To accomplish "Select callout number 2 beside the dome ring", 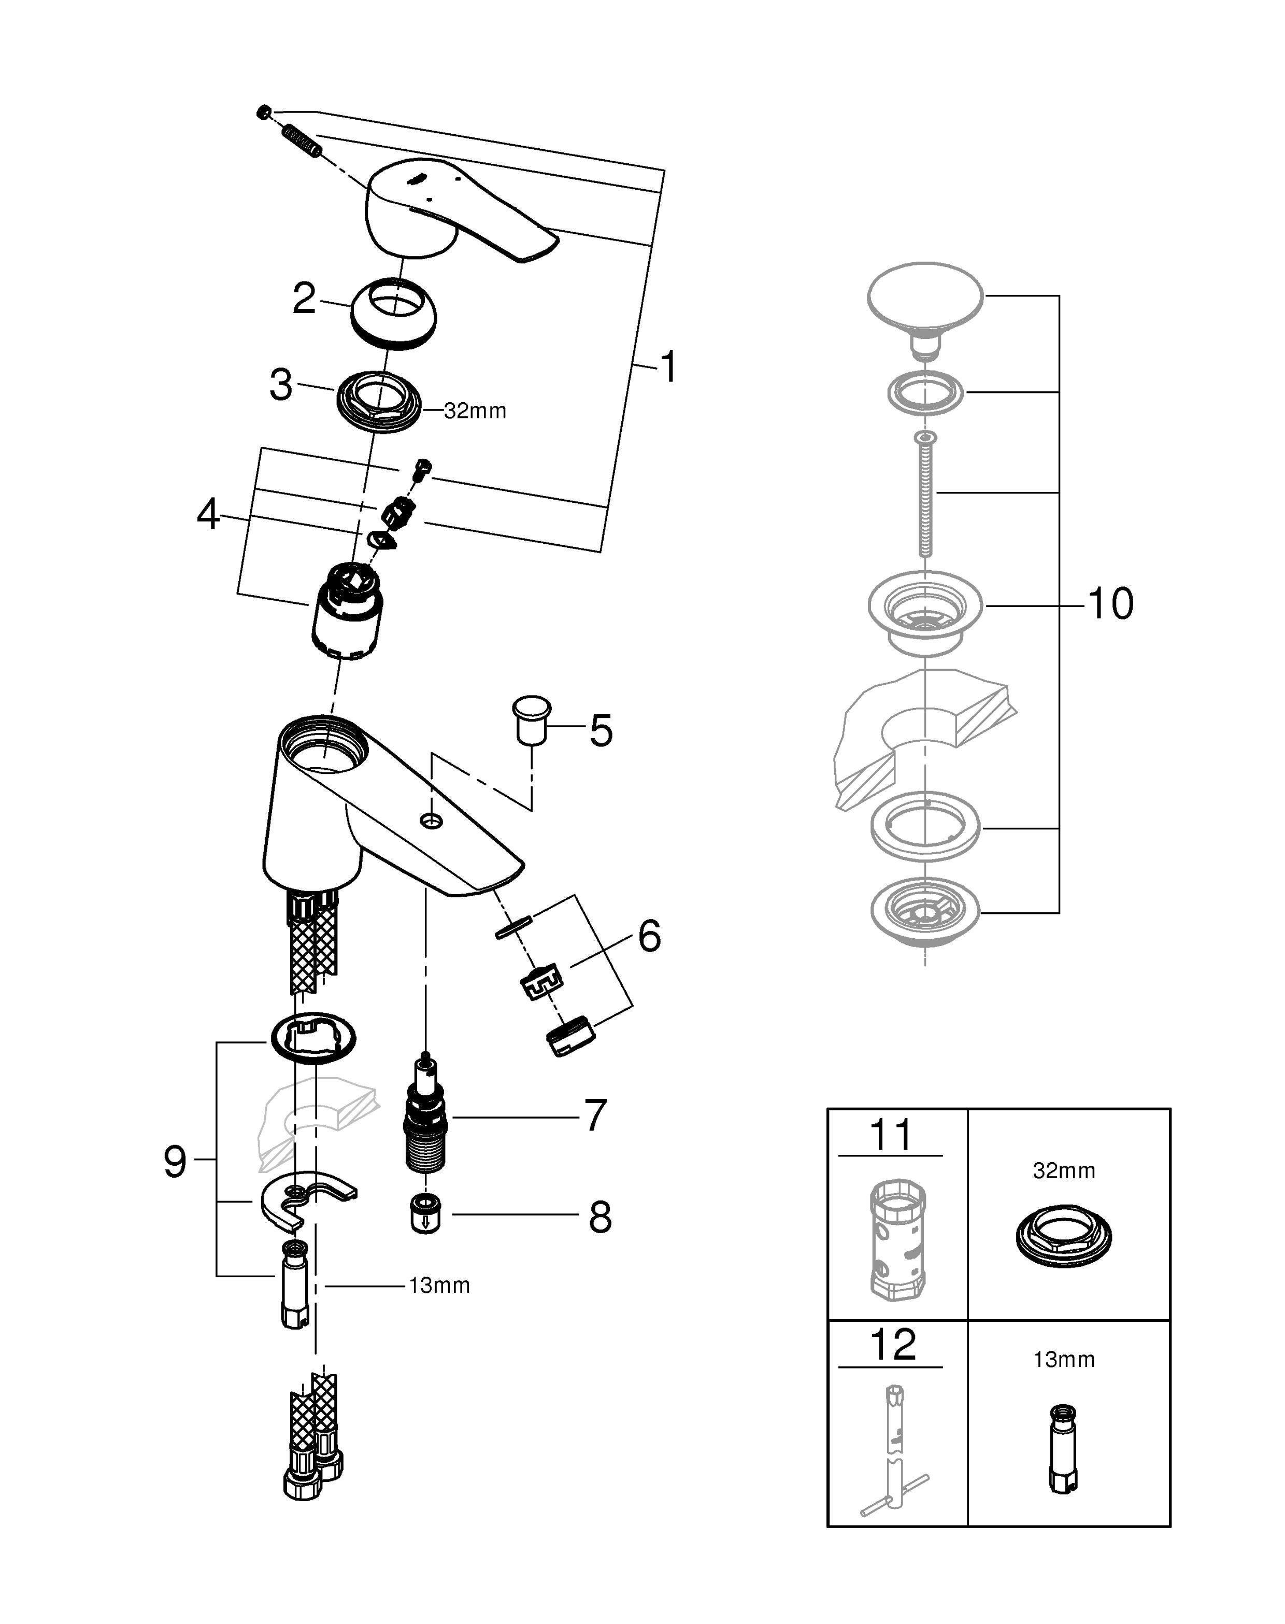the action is click(304, 298).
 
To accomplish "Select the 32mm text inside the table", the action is click(1064, 1170).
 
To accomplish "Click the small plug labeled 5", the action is click(531, 720).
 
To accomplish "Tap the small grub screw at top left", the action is click(263, 113).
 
